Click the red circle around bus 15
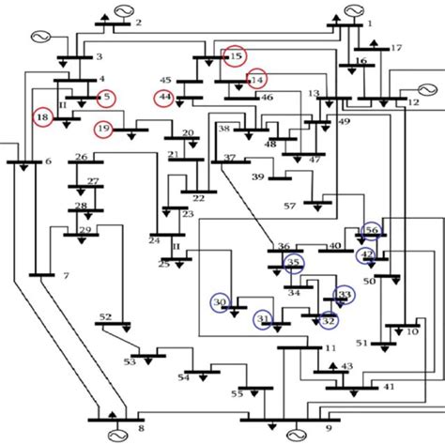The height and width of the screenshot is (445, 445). tap(235, 56)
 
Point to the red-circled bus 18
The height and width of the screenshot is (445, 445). tap(42, 116)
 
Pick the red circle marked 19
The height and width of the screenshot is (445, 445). tap(104, 129)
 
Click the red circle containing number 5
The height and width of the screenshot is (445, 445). tap(107, 97)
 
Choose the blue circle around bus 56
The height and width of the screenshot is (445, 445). tap(372, 230)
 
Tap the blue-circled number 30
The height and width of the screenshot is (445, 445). tap(220, 302)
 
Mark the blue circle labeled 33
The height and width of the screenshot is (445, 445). tap(345, 295)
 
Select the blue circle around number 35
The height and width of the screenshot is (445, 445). tap(294, 263)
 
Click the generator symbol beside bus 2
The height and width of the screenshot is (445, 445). tap(122, 10)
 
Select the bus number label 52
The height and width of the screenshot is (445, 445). tap(105, 317)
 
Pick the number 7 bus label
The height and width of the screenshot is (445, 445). tap(65, 276)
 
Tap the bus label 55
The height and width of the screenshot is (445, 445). tap(237, 394)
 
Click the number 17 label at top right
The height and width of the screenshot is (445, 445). tap(395, 47)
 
